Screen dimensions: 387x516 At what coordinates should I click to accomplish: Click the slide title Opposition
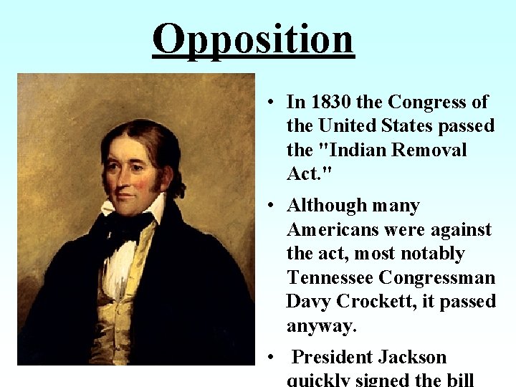coord(253,39)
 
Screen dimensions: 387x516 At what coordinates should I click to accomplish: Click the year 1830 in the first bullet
coord(327,102)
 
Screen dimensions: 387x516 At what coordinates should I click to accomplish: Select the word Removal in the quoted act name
coord(429,150)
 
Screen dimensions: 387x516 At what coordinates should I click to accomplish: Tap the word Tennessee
coord(330,277)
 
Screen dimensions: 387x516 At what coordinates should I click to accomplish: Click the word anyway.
coord(321,326)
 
